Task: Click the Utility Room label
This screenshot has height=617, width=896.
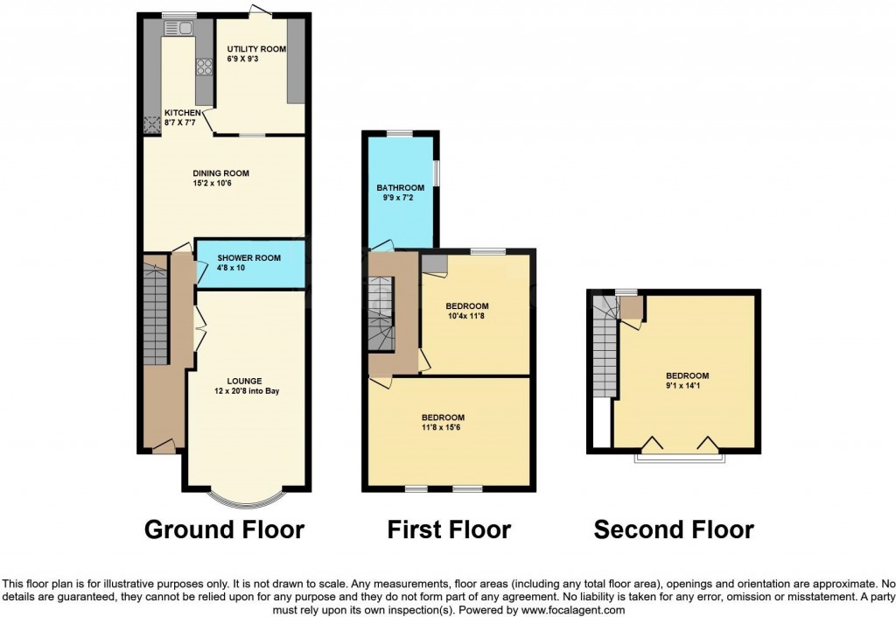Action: tap(256, 50)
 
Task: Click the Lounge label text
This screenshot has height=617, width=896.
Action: tap(244, 381)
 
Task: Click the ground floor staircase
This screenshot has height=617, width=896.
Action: tap(154, 306)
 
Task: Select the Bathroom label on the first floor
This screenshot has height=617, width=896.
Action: tap(400, 188)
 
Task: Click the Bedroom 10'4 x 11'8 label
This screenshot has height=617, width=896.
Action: tap(467, 305)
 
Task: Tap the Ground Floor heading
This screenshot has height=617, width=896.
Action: tap(224, 529)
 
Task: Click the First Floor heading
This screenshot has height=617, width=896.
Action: tap(449, 529)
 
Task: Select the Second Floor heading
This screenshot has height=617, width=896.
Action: tap(673, 529)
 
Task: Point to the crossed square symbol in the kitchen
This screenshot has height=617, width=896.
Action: tap(152, 124)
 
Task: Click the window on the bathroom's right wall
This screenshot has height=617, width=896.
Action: tap(437, 171)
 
